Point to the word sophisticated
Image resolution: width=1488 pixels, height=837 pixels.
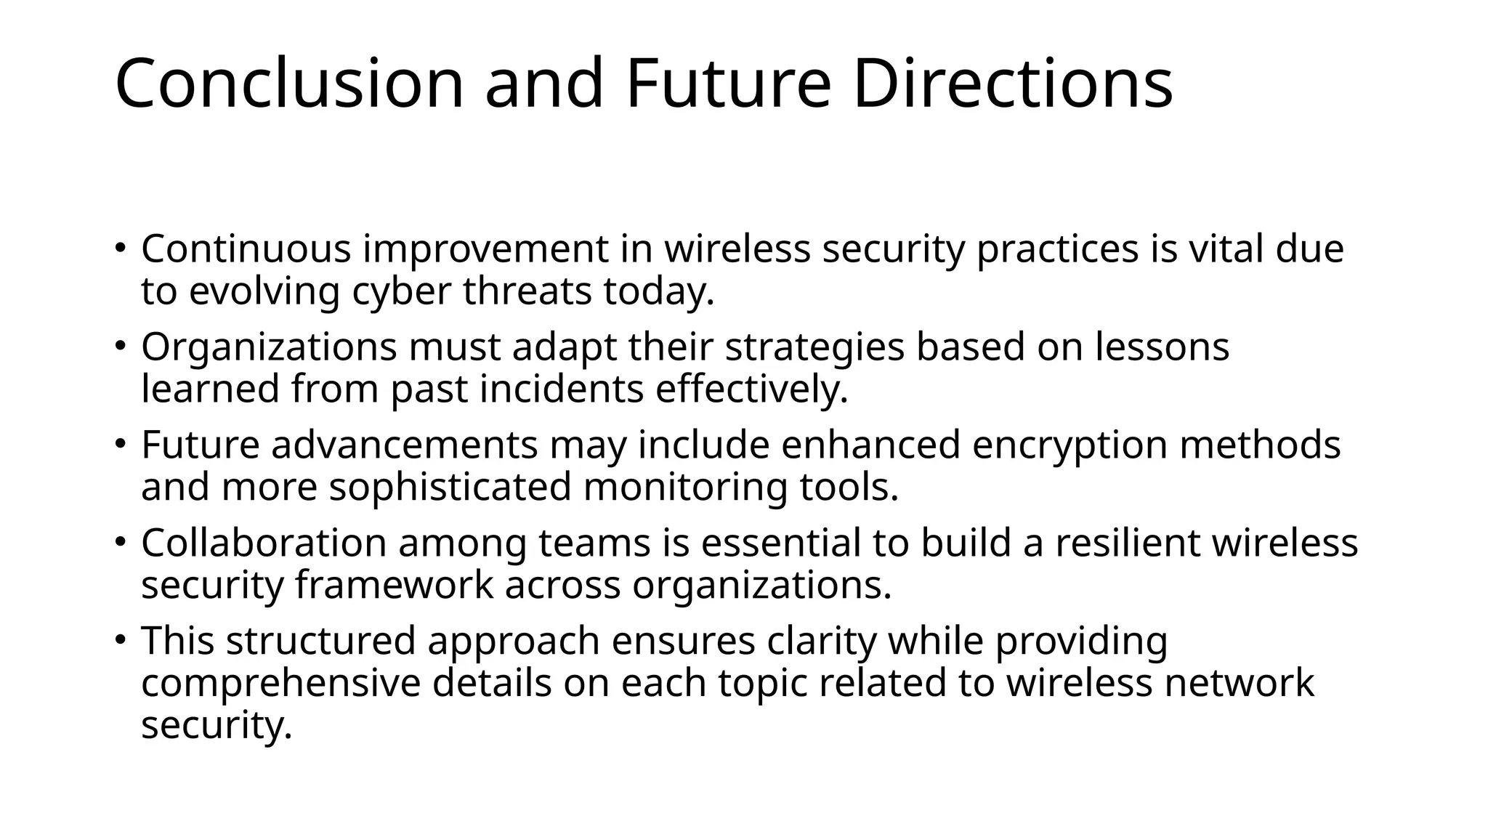(x=450, y=487)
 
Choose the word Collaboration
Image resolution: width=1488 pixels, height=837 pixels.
(x=264, y=543)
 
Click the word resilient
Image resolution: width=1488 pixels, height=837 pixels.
(x=1126, y=543)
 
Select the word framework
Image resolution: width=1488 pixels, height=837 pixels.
(x=394, y=585)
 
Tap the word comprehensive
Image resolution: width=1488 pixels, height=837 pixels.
(x=280, y=684)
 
